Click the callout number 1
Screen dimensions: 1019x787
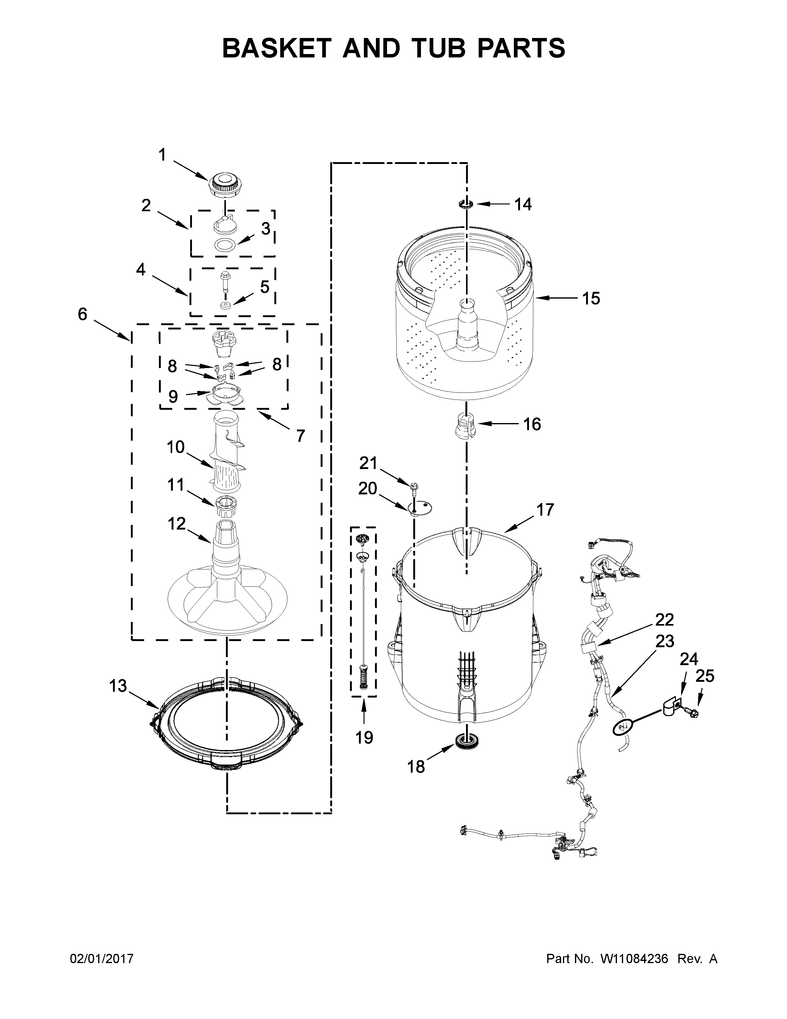tap(162, 154)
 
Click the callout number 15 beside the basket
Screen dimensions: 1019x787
tap(591, 298)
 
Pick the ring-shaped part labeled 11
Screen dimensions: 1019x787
tap(227, 503)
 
